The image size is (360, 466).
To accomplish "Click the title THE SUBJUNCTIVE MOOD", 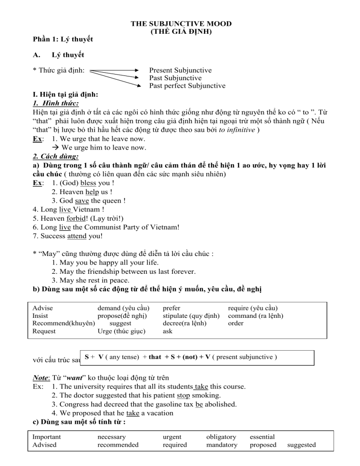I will (x=181, y=23).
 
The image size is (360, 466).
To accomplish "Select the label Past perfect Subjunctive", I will (x=187, y=86).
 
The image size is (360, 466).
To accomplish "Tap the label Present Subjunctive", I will (x=180, y=70).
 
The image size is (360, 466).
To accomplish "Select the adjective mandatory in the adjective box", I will (x=221, y=445).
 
